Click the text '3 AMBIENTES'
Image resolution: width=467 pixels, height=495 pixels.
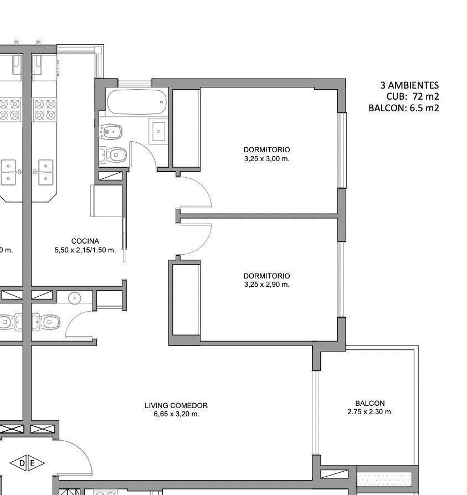pos(409,85)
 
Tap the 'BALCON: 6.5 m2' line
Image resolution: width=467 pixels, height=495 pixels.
pos(403,109)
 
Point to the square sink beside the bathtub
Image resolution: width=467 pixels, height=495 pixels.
pos(158,132)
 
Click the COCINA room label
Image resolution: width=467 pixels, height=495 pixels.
pos(85,241)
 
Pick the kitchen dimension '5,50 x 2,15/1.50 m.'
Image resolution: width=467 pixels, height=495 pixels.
pos(85,250)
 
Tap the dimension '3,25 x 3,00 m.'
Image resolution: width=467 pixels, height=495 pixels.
pos(266,158)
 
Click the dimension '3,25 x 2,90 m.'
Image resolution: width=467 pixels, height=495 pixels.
pos(266,285)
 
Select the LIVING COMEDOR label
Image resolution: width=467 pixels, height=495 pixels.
pos(176,405)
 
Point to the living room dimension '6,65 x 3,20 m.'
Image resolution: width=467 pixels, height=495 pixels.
pos(176,414)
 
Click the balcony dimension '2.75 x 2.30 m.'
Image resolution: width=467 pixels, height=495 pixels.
pos(370,412)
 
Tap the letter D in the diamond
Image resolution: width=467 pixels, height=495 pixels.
pos(22,463)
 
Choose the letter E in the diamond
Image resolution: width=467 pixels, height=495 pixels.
pos(32,463)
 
